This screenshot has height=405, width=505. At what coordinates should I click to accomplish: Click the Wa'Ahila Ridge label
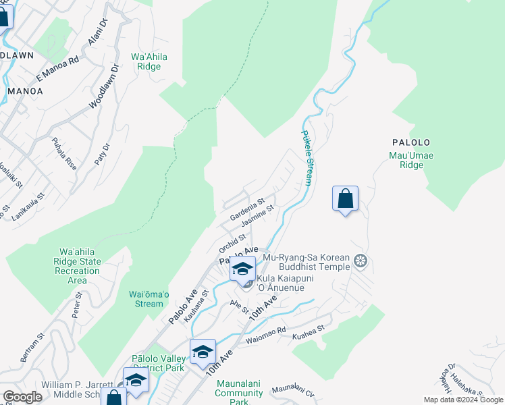click(149, 61)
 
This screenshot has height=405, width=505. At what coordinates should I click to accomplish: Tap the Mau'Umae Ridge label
click(411, 160)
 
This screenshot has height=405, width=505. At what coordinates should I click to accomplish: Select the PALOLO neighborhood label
click(410, 142)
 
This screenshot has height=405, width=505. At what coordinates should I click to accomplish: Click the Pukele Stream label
click(308, 158)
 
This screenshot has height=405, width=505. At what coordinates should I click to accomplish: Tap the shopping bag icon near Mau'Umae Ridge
click(345, 199)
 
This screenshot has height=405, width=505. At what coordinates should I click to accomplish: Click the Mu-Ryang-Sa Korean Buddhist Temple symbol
click(361, 261)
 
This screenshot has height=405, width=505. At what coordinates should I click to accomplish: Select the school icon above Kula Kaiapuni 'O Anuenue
click(242, 269)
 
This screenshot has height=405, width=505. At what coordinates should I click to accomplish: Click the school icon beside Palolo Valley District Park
click(203, 352)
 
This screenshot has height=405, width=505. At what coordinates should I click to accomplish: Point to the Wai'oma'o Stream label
click(149, 298)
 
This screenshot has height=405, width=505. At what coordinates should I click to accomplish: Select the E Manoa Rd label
click(58, 69)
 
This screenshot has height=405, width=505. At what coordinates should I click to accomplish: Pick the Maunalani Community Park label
click(239, 392)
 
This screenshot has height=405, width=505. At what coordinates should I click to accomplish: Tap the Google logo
click(22, 396)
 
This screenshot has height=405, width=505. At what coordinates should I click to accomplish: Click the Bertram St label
click(32, 347)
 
